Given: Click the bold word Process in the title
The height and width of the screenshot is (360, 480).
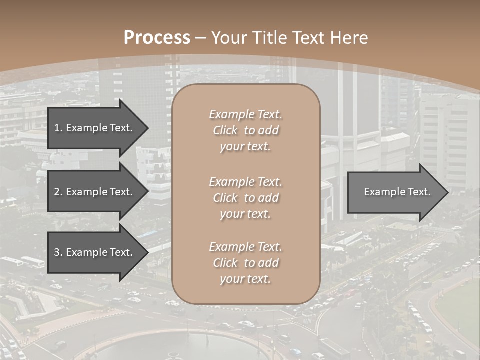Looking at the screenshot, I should click(x=157, y=38).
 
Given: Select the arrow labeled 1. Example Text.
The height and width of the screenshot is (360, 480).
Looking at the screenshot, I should click(x=95, y=128).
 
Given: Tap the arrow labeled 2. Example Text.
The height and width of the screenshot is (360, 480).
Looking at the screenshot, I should click(x=95, y=192).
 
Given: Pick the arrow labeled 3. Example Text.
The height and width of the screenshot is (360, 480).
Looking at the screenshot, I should click(x=95, y=252).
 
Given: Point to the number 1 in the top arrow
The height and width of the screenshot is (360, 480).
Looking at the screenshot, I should click(x=57, y=128).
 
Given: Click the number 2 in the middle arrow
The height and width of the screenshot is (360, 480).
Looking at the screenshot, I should click(x=57, y=192).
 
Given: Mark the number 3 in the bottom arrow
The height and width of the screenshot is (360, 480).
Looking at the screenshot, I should click(x=57, y=252).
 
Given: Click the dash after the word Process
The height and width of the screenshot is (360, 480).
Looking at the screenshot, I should click(x=201, y=38).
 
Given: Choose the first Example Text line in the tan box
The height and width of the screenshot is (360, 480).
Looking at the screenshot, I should click(x=245, y=114).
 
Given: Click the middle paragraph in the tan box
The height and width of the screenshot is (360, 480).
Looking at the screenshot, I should click(x=245, y=198).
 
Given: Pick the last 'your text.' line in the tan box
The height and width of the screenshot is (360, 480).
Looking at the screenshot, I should click(x=245, y=279).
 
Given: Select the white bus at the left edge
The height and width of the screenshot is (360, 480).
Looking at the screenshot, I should click(x=32, y=262).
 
